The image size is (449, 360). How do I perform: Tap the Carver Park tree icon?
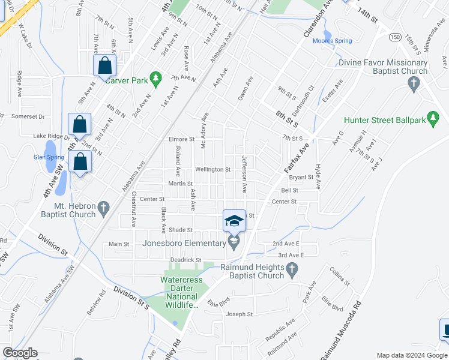coord(156,78)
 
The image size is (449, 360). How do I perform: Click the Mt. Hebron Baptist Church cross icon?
coord(104,209)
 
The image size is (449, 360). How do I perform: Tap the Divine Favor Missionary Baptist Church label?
coord(383,67)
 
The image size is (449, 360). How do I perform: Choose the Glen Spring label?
coord(49,157)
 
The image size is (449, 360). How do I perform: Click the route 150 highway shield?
coord(394,37)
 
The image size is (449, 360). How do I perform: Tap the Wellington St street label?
coord(212,170)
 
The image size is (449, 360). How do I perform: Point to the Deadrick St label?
coord(184,260)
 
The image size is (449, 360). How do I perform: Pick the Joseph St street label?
coord(240,314)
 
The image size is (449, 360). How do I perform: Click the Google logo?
coord(20,353)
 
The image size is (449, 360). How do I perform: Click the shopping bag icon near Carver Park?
coord(104,66)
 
